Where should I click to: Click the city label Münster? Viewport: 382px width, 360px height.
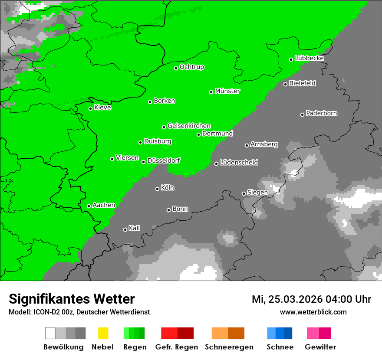tap(227, 91)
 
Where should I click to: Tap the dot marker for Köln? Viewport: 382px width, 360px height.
tap(157, 189)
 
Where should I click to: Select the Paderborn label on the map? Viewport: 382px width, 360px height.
tap(321, 114)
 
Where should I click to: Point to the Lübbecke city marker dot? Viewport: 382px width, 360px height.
tap(291, 59)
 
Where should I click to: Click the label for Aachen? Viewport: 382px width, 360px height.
tap(104, 205)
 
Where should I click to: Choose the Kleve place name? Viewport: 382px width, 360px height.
tap(102, 108)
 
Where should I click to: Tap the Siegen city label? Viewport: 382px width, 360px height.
tap(257, 193)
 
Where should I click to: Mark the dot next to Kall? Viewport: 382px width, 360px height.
tap(125, 229)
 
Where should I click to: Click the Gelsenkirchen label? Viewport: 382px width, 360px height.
tap(189, 126)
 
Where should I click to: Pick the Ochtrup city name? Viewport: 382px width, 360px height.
tap(192, 67)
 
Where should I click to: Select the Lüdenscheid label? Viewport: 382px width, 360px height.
tap(239, 163)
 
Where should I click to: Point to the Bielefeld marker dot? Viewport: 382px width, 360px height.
tap(286, 84)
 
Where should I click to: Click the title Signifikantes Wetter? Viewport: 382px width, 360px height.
tap(72, 299)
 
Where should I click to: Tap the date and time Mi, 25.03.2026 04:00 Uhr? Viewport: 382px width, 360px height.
tap(311, 299)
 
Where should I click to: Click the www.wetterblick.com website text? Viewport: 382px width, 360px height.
tap(313, 312)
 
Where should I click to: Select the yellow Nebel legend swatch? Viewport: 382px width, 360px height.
tap(103, 333)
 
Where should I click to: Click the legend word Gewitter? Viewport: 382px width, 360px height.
tap(320, 347)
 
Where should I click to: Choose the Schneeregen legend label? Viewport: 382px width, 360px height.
tap(228, 347)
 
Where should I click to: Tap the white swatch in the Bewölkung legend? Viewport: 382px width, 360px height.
tap(50, 333)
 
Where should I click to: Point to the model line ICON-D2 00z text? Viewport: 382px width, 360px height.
tap(79, 312)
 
